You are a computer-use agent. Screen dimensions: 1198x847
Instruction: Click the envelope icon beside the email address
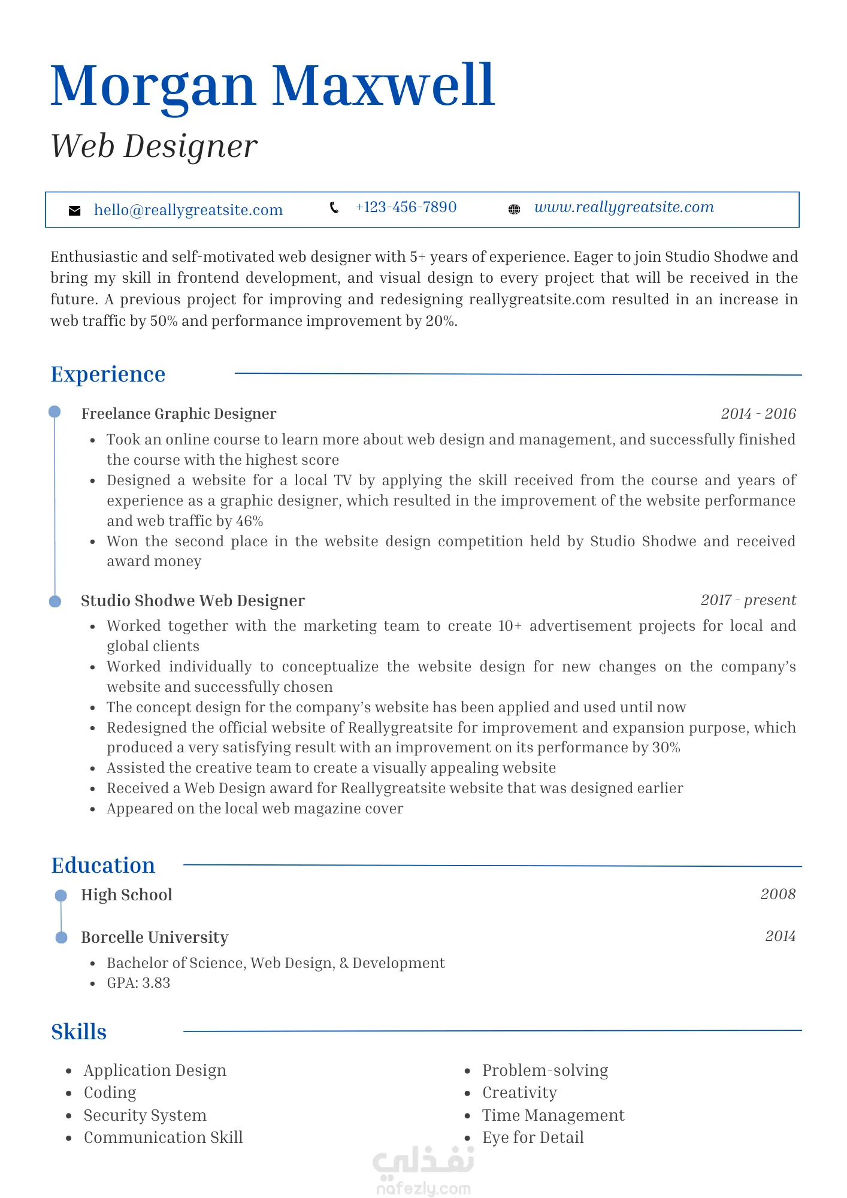75,211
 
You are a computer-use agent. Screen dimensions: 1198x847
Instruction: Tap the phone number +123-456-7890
406,207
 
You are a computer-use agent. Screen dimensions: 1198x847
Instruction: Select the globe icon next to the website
514,209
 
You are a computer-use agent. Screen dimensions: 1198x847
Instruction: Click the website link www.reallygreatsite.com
624,207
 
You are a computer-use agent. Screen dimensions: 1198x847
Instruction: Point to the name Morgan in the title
153,86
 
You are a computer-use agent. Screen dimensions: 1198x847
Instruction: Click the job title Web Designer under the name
154,146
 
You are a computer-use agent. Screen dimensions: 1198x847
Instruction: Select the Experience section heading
108,374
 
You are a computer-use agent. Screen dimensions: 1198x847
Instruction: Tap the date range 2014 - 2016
758,414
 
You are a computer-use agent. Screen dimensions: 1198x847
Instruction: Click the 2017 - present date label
748,600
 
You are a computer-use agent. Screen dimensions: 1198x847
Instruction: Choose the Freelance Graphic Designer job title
179,414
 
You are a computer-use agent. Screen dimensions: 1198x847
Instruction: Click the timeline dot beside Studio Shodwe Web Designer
55,601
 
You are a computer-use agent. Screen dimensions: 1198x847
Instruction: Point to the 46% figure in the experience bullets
249,521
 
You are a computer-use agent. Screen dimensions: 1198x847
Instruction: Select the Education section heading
103,866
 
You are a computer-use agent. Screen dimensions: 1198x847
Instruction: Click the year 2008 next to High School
778,894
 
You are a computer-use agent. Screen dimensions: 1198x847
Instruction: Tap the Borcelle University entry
155,937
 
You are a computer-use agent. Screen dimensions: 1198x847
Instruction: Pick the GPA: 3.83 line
138,983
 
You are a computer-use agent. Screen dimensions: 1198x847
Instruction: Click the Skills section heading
78,1032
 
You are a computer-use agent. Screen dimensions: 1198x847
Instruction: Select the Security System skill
145,1115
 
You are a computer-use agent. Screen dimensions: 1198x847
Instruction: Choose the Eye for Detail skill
533,1138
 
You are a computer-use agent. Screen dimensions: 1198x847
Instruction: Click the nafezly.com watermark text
423,1188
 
